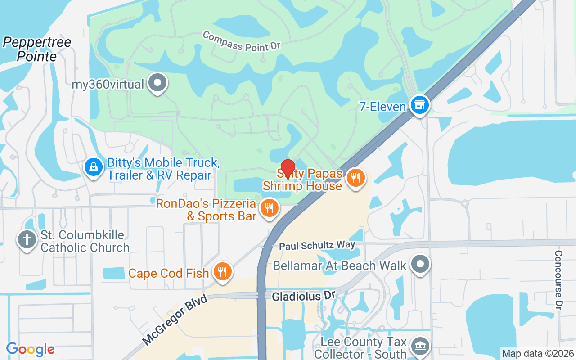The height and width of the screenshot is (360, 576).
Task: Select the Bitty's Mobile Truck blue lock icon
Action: click(x=93, y=167)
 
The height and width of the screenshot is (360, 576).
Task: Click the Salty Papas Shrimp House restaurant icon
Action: click(x=355, y=178)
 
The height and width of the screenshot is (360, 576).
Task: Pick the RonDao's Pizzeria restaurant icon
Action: click(x=269, y=208)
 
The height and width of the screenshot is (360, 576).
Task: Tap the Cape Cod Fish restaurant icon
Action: click(x=222, y=272)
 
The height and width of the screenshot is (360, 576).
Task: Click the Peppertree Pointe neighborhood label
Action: click(x=37, y=49)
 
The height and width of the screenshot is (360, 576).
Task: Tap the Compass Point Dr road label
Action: click(x=242, y=41)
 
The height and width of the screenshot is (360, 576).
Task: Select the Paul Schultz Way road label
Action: click(x=317, y=245)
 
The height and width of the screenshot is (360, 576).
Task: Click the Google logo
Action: click(x=31, y=349)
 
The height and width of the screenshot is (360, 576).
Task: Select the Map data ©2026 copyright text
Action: click(x=538, y=353)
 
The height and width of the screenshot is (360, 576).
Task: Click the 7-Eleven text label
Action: click(x=382, y=107)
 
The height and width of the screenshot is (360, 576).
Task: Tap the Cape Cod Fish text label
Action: click(x=169, y=273)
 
